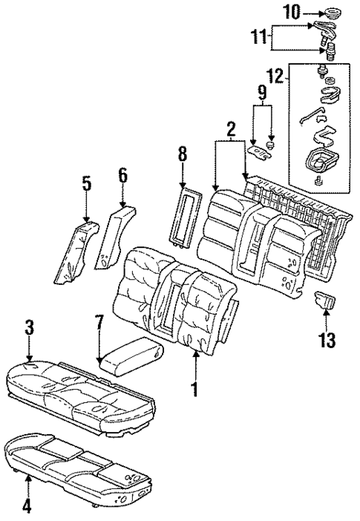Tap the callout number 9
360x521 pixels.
click(x=261, y=94)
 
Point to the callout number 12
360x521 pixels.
click(x=275, y=75)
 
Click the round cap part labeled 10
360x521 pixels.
click(x=324, y=13)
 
